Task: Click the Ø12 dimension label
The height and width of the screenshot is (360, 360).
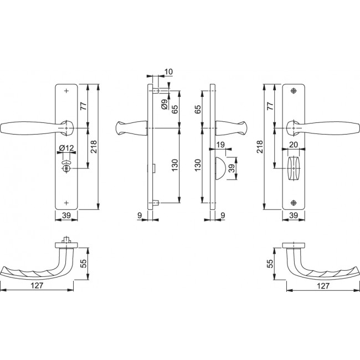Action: tap(66, 147)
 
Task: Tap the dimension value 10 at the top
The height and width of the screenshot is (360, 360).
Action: tap(168, 73)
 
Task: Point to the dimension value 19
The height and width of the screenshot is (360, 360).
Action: tap(221, 145)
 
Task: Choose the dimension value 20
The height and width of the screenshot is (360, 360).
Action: tap(294, 145)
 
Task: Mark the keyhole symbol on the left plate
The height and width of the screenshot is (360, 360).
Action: tap(66, 167)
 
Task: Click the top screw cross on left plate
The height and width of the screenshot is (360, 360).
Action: tap(66, 91)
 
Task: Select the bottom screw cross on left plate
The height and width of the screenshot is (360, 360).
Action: tap(66, 202)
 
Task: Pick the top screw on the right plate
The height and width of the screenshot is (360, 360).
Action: tap(294, 91)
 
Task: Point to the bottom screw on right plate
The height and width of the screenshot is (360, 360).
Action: tap(294, 202)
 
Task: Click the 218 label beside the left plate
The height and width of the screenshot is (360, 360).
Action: tap(94, 146)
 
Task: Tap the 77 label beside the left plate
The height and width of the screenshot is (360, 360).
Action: tap(84, 106)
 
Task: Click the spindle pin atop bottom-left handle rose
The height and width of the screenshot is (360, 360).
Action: tap(66, 240)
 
